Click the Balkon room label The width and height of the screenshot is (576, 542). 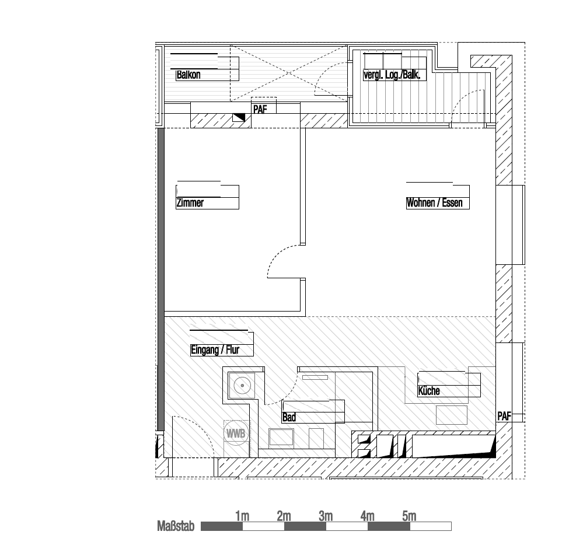click(188, 75)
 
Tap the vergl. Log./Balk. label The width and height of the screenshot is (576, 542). click(392, 75)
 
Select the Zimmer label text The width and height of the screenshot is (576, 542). click(190, 202)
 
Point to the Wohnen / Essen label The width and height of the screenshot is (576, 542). click(434, 202)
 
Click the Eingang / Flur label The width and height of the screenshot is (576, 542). click(215, 350)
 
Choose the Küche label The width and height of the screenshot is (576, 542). click(429, 391)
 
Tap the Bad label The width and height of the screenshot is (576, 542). click(289, 417)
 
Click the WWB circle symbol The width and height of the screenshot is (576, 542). click(235, 433)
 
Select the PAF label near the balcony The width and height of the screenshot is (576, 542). click(260, 110)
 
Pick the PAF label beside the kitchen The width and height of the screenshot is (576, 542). click(504, 416)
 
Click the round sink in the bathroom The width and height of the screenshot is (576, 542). click(242, 386)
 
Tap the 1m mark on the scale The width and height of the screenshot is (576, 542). click(242, 516)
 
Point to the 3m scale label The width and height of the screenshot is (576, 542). click(326, 516)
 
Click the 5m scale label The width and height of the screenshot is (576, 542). click(409, 516)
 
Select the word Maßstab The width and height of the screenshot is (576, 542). click(176, 526)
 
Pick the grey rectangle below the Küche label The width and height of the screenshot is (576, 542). click(452, 415)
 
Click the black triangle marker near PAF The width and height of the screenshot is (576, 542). click(240, 117)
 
